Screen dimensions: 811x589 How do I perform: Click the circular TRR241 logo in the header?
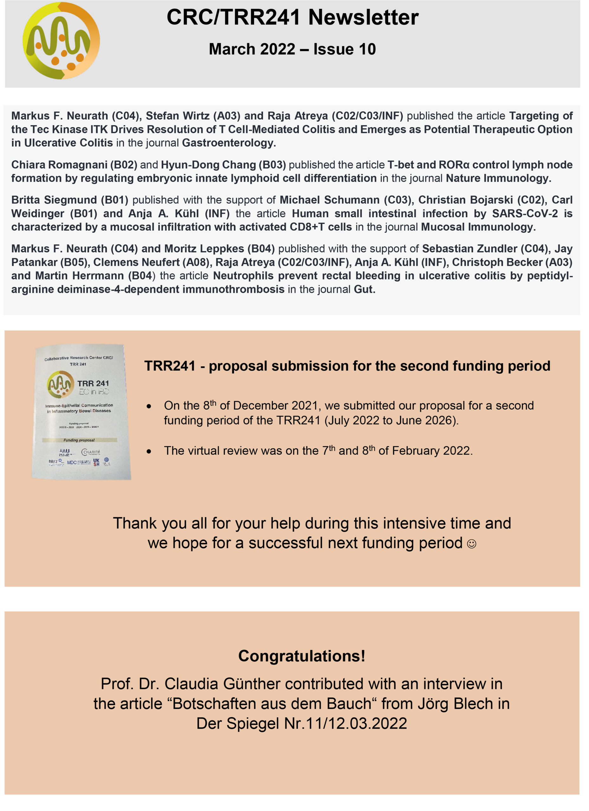pos(61,41)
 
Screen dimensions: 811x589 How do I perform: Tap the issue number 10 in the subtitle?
pos(367,49)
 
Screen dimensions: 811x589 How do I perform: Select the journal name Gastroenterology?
pos(228,143)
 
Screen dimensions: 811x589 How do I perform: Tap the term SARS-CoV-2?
pos(525,214)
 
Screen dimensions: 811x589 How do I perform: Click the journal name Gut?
pos(364,289)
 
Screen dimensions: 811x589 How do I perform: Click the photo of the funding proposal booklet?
pos(81,412)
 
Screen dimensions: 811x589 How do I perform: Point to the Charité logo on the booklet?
pos(91,452)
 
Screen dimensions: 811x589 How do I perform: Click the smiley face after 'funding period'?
pos(472,544)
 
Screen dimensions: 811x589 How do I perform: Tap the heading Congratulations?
pos(302,656)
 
